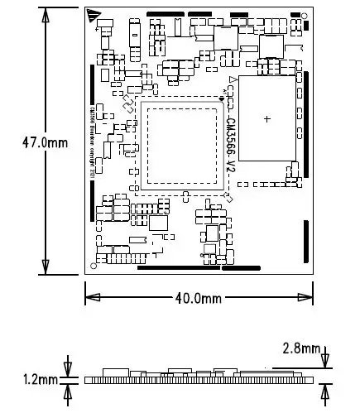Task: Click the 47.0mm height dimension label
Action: (44, 142)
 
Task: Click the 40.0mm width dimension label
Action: (199, 298)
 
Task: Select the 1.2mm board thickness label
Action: (41, 380)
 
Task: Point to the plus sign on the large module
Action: (266, 119)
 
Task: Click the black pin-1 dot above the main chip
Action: (221, 99)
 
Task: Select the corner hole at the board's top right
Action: (305, 14)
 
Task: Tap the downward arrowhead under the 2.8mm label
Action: (325, 362)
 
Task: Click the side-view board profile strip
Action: (199, 379)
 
